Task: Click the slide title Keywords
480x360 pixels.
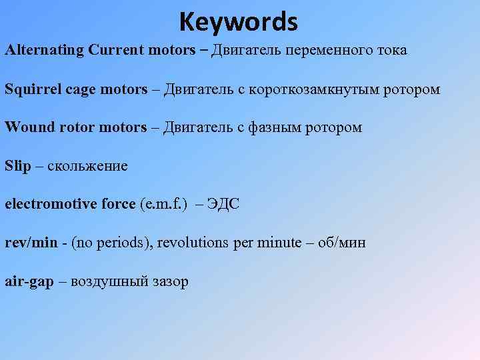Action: [x=238, y=23]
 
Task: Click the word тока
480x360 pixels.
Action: [x=391, y=51]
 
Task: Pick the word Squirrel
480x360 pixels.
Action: [x=33, y=89]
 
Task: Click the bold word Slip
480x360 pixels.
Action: [x=18, y=166]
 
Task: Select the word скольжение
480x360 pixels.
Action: [x=87, y=166]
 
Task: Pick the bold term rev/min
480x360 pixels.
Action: [x=31, y=243]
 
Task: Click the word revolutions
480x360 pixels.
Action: [x=195, y=243]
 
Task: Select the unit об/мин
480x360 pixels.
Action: [x=341, y=243]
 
